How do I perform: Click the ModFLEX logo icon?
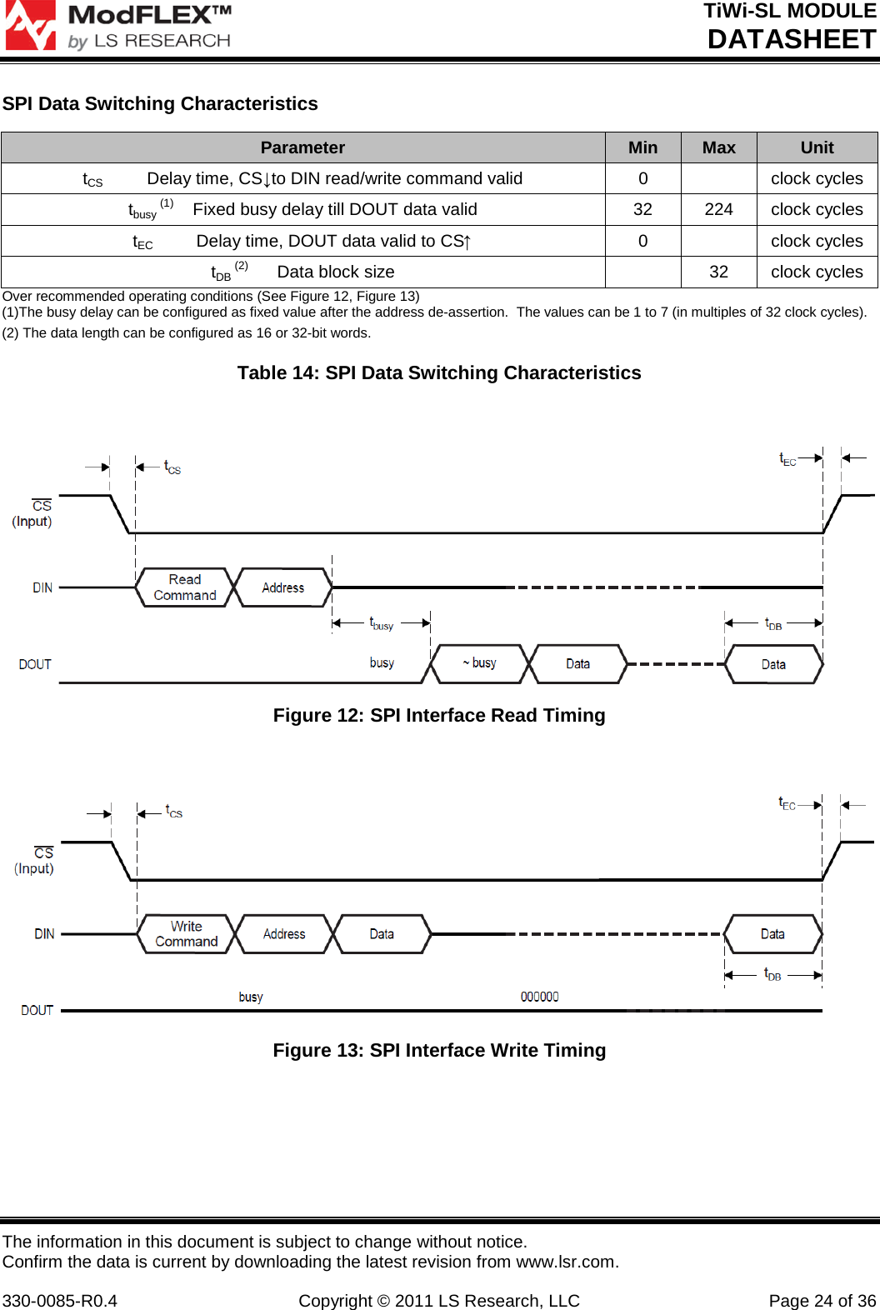coord(30,25)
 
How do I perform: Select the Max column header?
coord(718,147)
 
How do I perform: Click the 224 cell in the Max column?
coord(718,209)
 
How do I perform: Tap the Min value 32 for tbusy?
coord(642,209)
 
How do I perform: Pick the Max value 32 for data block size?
coord(718,272)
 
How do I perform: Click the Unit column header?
coord(817,147)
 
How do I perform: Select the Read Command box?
coord(185,587)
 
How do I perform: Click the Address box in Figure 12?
coord(283,587)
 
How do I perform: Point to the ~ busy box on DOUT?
coord(479,663)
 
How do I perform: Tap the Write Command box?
coord(186,934)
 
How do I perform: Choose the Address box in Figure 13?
coord(284,934)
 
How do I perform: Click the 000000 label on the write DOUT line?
coord(539,997)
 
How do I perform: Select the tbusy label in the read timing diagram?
coord(382,623)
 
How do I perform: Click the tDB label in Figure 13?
coord(772,974)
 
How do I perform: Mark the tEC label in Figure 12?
coord(787,459)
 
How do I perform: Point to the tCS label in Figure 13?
coord(173,811)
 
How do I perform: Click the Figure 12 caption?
coord(439,715)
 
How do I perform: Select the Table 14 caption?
coord(439,372)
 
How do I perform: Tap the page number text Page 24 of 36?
coord(822,1301)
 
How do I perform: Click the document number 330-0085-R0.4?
coord(60,1301)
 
